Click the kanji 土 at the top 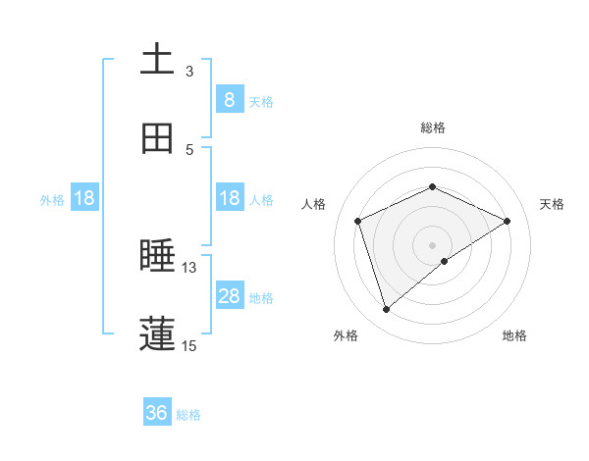coord(157,60)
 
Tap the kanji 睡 coord(157,257)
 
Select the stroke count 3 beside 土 coord(189,72)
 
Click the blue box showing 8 coord(230,100)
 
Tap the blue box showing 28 coord(230,296)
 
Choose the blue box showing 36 coord(157,413)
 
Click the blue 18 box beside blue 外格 coord(84,198)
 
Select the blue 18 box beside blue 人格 coord(230,198)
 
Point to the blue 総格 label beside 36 coord(188,415)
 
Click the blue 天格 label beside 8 coord(261,101)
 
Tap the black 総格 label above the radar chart coord(433,128)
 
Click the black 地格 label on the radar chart coord(514,335)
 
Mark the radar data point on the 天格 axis coord(508,221)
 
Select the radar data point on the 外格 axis coord(386,310)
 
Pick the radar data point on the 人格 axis coord(358,221)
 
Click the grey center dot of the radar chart coord(433,244)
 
